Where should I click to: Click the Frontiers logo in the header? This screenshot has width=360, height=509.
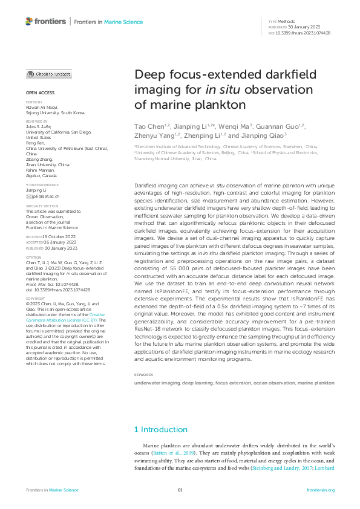click(46, 22)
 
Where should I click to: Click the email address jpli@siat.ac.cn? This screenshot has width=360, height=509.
click(45, 197)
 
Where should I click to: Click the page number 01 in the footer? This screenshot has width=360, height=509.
click(180, 490)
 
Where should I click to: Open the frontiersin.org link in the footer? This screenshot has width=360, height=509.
click(321, 490)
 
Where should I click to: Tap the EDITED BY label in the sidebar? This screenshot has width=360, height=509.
click(35, 103)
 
